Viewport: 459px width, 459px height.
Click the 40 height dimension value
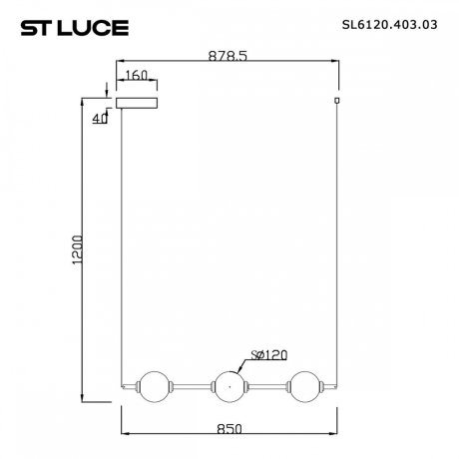click(x=98, y=119)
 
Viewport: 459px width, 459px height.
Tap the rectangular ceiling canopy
click(x=137, y=102)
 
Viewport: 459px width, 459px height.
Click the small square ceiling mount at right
click(x=337, y=101)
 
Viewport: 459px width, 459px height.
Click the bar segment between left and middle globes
click(x=189, y=386)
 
